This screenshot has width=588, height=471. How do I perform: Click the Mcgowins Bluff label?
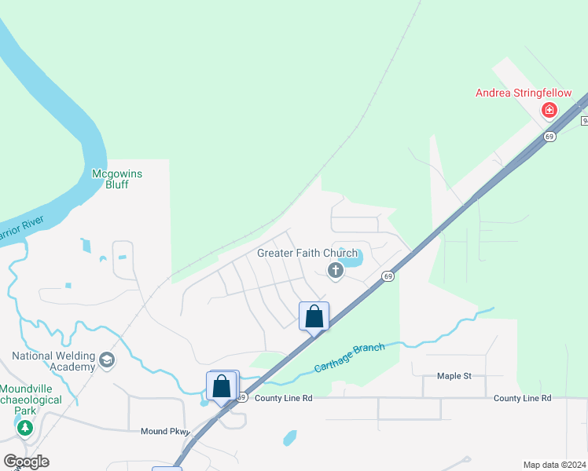click(x=117, y=179)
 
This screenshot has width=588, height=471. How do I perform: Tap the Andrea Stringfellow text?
click(x=524, y=93)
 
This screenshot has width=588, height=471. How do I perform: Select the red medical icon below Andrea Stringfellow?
click(x=549, y=111)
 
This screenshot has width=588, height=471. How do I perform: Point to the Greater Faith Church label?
click(x=307, y=254)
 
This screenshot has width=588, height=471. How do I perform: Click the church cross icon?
click(x=336, y=271)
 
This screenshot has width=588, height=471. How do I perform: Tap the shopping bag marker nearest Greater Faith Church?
click(x=314, y=317)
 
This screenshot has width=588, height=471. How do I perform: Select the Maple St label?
click(x=454, y=376)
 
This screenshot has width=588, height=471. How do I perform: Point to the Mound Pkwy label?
click(x=165, y=431)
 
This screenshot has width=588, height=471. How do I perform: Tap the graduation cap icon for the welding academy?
click(x=106, y=361)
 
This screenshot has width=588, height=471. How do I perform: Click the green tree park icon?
click(x=24, y=427)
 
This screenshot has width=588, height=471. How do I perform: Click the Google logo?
click(x=26, y=462)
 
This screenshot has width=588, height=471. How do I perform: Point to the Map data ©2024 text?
click(x=554, y=464)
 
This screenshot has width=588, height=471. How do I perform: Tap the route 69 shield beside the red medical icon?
click(x=549, y=137)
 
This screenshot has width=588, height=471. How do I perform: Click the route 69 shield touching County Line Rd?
click(x=241, y=397)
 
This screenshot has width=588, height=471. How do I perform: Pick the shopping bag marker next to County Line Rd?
click(x=222, y=386)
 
